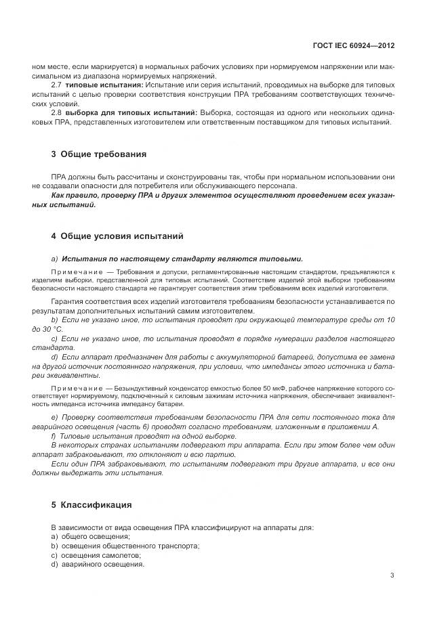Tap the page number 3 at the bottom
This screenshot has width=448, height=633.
coord(392,575)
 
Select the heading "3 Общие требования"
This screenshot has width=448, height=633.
coord(98,154)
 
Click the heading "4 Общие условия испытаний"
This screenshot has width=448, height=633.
coord(117,236)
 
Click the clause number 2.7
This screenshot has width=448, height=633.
coord(57,86)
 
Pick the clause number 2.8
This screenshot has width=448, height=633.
coord(57,112)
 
